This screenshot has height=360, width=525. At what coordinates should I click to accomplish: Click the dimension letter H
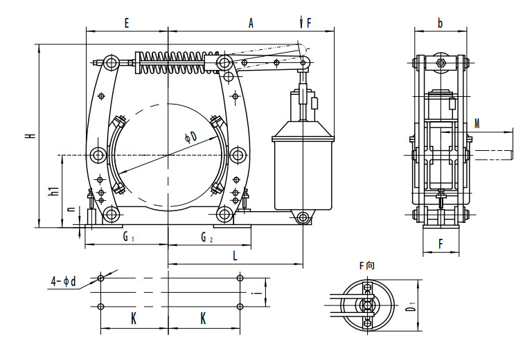point(30,136)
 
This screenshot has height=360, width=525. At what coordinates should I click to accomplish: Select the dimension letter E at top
point(127,23)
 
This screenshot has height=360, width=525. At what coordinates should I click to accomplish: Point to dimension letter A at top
point(251,23)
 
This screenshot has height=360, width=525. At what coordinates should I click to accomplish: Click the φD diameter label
point(190,137)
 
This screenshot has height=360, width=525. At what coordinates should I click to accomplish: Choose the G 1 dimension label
point(128,237)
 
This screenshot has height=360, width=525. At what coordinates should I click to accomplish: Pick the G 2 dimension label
point(206,237)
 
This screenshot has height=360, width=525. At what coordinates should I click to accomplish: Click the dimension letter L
point(235,255)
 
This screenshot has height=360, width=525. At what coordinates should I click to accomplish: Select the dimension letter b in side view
point(440,23)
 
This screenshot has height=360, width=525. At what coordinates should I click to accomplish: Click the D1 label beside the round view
point(411,305)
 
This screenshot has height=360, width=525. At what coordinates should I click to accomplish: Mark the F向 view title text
point(366,265)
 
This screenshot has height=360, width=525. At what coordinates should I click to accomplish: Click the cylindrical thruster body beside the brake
point(303,170)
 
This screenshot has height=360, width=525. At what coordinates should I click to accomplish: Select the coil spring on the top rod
point(177,61)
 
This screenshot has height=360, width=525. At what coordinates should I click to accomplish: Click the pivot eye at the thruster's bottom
point(303,218)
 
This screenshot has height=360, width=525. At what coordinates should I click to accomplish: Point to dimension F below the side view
point(441,243)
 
